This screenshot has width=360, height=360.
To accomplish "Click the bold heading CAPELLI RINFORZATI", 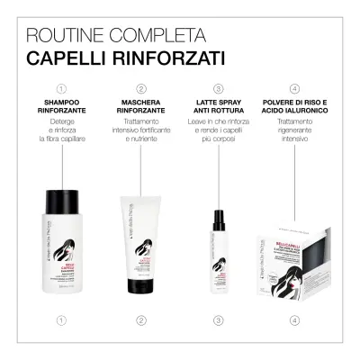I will tap(125, 58).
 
